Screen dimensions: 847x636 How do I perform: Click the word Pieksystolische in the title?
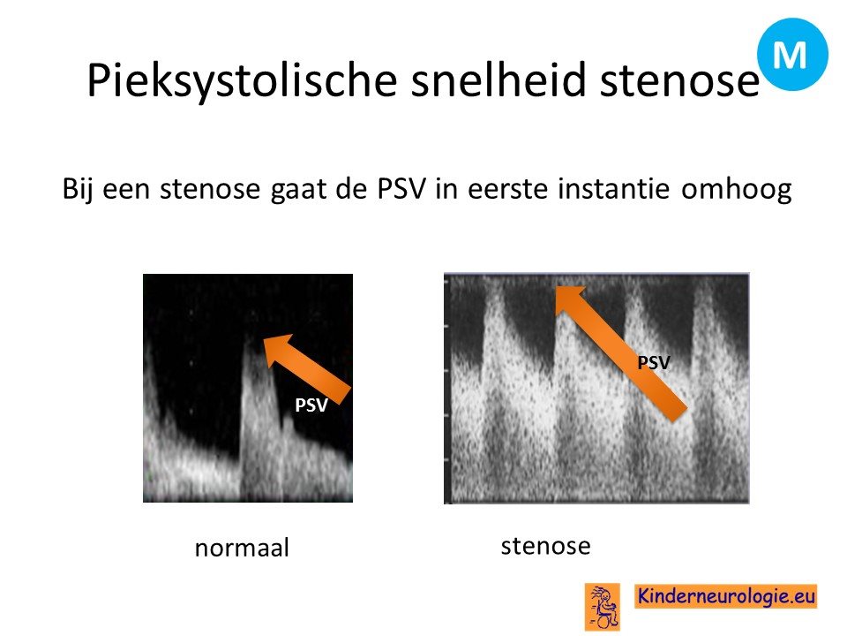242,81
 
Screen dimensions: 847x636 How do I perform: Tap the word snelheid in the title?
498,79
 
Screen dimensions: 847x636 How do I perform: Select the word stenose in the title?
680,81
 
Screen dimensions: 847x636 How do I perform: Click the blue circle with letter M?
792,54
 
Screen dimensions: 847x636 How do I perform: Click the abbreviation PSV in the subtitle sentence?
402,189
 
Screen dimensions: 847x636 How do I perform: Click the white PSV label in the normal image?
311,405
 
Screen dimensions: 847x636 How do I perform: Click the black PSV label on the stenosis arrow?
654,362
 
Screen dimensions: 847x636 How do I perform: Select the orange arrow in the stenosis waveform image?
621,353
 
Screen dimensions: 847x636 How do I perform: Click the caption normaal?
242,548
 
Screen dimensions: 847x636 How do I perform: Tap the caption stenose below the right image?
545,546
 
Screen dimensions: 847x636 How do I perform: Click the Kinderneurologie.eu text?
725,595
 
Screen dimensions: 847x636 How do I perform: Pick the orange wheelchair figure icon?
603,607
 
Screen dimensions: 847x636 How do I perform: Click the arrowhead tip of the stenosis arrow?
557,287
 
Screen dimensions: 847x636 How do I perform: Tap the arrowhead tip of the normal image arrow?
264,339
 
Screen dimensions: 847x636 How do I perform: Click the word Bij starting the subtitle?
79,190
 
